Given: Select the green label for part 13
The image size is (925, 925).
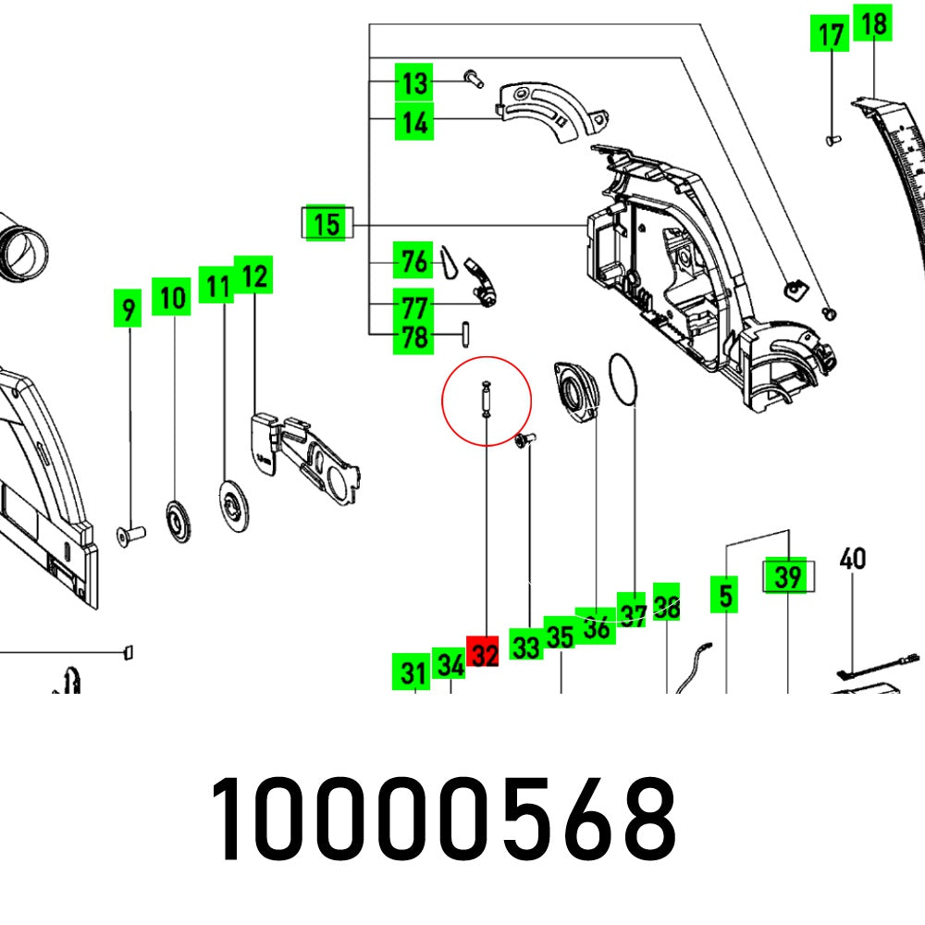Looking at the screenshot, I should (415, 83).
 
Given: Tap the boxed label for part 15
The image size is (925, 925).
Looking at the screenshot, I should (326, 224).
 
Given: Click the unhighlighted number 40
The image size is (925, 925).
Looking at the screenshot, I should (852, 560).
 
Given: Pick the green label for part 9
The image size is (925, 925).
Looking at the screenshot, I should (128, 310).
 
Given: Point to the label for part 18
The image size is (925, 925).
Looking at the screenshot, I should (873, 26).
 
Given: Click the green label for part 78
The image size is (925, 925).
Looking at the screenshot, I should (413, 339).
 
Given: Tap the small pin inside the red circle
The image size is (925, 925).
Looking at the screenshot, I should (485, 400).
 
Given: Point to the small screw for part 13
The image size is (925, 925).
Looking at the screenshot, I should (475, 79).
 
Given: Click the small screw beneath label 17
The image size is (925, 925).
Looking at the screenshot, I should (832, 140).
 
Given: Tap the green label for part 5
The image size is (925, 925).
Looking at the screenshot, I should (725, 597).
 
